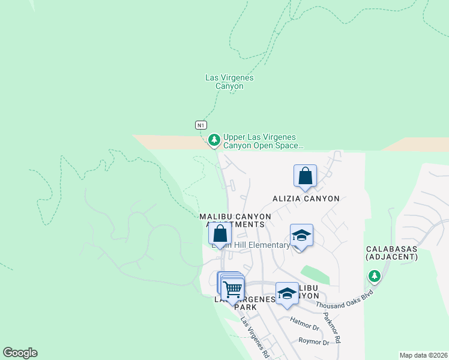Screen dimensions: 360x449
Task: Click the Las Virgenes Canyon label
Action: pyautogui.click(x=229, y=82)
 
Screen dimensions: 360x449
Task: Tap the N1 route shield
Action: pyautogui.click(x=201, y=125)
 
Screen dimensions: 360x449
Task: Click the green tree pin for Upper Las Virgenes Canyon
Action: pyautogui.click(x=213, y=140)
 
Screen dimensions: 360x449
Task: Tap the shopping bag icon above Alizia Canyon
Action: pyautogui.click(x=305, y=176)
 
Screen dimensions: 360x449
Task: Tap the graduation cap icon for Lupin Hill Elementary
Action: pyautogui.click(x=301, y=236)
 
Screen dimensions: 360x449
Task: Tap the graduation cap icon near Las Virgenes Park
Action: pyautogui.click(x=288, y=293)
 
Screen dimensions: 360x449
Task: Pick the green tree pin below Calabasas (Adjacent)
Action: pyautogui.click(x=375, y=276)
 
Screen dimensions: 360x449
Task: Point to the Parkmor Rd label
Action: pyautogui.click(x=332, y=328)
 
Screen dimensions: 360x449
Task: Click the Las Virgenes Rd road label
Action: pyautogui.click(x=255, y=337)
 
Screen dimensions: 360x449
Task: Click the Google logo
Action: pyautogui.click(x=20, y=353)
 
